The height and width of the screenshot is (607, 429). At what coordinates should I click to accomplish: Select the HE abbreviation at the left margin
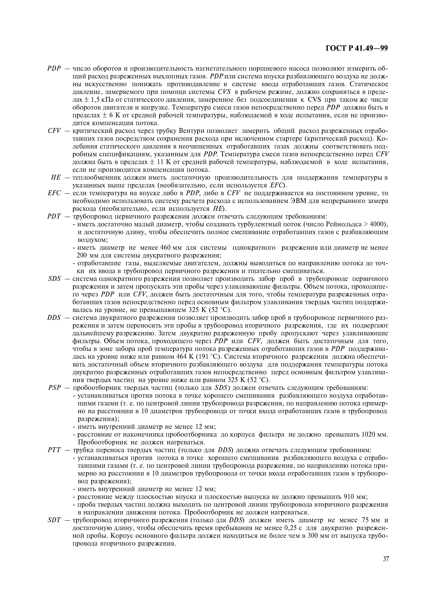point(56,178)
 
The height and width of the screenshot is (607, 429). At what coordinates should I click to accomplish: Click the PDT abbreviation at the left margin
point(54,216)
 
